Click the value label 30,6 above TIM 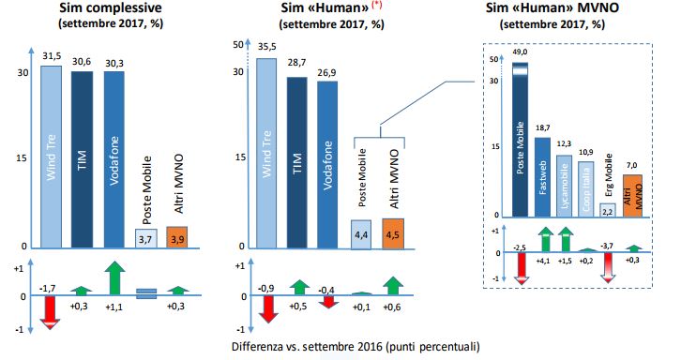[83, 63]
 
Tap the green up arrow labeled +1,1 [114, 279]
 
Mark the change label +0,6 [393, 306]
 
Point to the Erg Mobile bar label [608, 178]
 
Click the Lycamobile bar [563, 187]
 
